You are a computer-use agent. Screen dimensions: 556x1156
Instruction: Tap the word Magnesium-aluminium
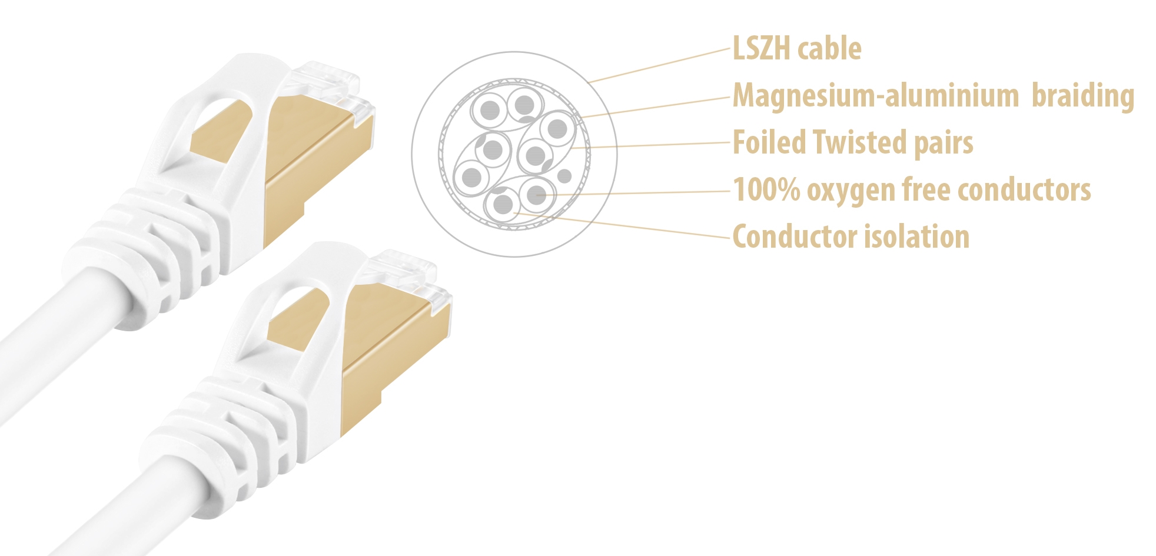876,95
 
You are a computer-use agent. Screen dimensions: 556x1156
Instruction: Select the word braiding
1083,95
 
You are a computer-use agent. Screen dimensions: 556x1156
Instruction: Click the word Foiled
769,142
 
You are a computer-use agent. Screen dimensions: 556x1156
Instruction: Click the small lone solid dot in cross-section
564,175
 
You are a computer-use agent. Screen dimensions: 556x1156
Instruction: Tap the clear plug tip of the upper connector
335,88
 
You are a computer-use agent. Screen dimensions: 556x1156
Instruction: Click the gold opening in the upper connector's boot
221,132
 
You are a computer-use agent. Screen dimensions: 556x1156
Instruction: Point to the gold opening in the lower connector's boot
297,321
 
